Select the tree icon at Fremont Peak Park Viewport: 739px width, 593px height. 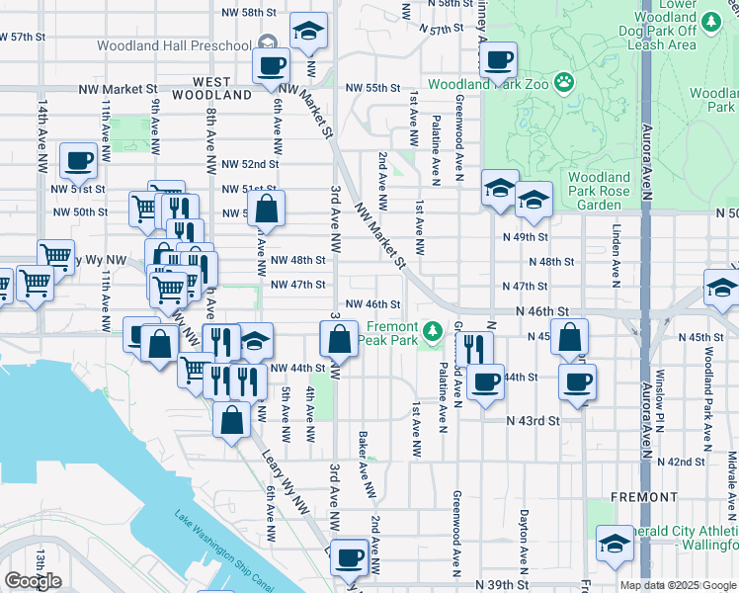tap(432, 330)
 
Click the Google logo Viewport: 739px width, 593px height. tap(33, 581)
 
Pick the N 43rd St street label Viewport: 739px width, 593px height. tap(534, 420)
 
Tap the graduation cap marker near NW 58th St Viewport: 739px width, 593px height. tap(309, 33)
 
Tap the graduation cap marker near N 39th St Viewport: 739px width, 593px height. tap(615, 544)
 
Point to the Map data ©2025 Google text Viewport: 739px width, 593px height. tap(677, 585)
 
